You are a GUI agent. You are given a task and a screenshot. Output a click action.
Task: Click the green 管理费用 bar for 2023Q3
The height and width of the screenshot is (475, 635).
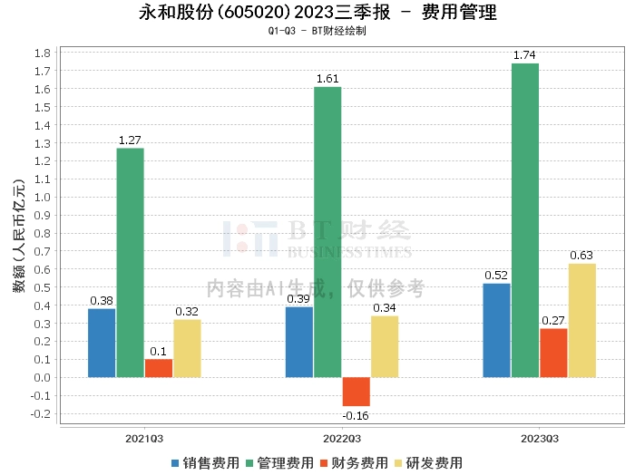pos(525,220)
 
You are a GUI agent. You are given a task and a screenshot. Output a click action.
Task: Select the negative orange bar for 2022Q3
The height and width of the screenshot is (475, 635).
pos(357,392)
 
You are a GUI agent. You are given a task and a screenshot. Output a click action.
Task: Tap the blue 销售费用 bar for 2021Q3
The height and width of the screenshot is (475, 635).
pos(102,343)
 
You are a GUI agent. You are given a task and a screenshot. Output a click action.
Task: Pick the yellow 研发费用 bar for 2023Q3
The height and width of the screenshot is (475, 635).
pos(582,320)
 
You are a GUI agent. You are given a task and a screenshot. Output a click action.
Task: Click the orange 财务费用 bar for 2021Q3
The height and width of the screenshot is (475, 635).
pos(159,368)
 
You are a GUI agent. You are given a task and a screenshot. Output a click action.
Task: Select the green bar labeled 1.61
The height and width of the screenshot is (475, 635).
pos(327,232)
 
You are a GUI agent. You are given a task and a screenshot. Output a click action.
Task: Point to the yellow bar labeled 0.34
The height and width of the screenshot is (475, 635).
pos(385,347)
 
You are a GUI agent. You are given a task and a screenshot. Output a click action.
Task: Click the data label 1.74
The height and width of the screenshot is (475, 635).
pos(524,55)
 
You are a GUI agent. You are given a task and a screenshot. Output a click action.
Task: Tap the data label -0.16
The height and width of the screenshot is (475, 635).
pos(356,416)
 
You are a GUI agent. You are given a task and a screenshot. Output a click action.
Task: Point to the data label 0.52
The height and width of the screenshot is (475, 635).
pos(496,276)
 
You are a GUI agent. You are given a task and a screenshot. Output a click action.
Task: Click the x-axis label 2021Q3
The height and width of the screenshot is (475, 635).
pos(144,439)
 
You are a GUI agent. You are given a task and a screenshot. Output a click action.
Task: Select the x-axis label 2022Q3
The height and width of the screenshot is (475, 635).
pos(342,439)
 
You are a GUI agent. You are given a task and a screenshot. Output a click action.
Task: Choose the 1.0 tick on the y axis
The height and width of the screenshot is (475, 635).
pos(43,198)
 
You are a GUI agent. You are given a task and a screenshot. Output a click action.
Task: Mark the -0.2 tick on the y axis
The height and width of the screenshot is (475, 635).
pos(41,414)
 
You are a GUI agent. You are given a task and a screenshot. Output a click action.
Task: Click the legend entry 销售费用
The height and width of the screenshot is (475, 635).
pos(206,463)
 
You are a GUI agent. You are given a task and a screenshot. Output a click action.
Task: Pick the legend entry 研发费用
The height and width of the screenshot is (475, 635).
pos(428,463)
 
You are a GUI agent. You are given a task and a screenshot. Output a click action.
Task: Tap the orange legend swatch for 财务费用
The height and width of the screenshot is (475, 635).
pos(324,464)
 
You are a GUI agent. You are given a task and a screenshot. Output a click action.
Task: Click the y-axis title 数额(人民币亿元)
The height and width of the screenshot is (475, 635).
pos(19,236)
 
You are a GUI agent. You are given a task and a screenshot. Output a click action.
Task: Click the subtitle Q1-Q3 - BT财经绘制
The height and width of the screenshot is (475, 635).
pos(317,31)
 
